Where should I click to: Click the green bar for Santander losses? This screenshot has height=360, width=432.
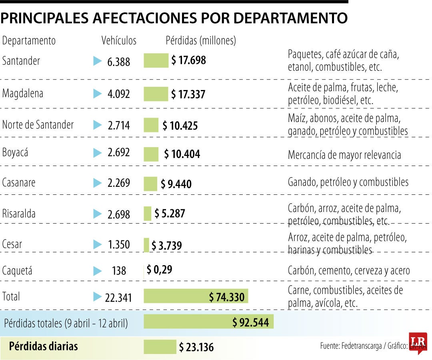(x=156, y=61)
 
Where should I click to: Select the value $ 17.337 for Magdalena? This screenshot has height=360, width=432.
(x=188, y=94)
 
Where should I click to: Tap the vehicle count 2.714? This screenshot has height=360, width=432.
(x=118, y=125)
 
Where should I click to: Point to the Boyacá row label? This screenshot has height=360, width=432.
(x=15, y=153)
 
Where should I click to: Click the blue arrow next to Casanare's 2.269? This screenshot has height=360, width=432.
(x=97, y=183)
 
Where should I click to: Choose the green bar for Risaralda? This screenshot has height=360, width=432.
(x=148, y=214)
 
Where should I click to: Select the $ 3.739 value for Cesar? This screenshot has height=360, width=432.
(x=166, y=245)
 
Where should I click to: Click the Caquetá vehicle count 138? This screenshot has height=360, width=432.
(x=119, y=271)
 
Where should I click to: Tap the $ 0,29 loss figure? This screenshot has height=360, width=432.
(x=159, y=270)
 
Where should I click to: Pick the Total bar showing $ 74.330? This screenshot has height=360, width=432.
(x=196, y=297)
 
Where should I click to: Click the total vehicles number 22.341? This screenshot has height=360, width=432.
(x=118, y=298)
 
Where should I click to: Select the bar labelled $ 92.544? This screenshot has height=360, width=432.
(x=208, y=322)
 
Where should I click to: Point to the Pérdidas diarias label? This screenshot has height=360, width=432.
(x=43, y=346)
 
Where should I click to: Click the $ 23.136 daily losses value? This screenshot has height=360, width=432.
(x=196, y=347)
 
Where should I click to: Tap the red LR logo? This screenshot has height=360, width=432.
(x=418, y=342)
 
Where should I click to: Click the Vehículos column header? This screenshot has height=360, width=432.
(x=119, y=41)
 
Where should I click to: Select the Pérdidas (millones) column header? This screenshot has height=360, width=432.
(x=201, y=41)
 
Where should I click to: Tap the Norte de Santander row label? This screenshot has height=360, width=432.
(x=38, y=125)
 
